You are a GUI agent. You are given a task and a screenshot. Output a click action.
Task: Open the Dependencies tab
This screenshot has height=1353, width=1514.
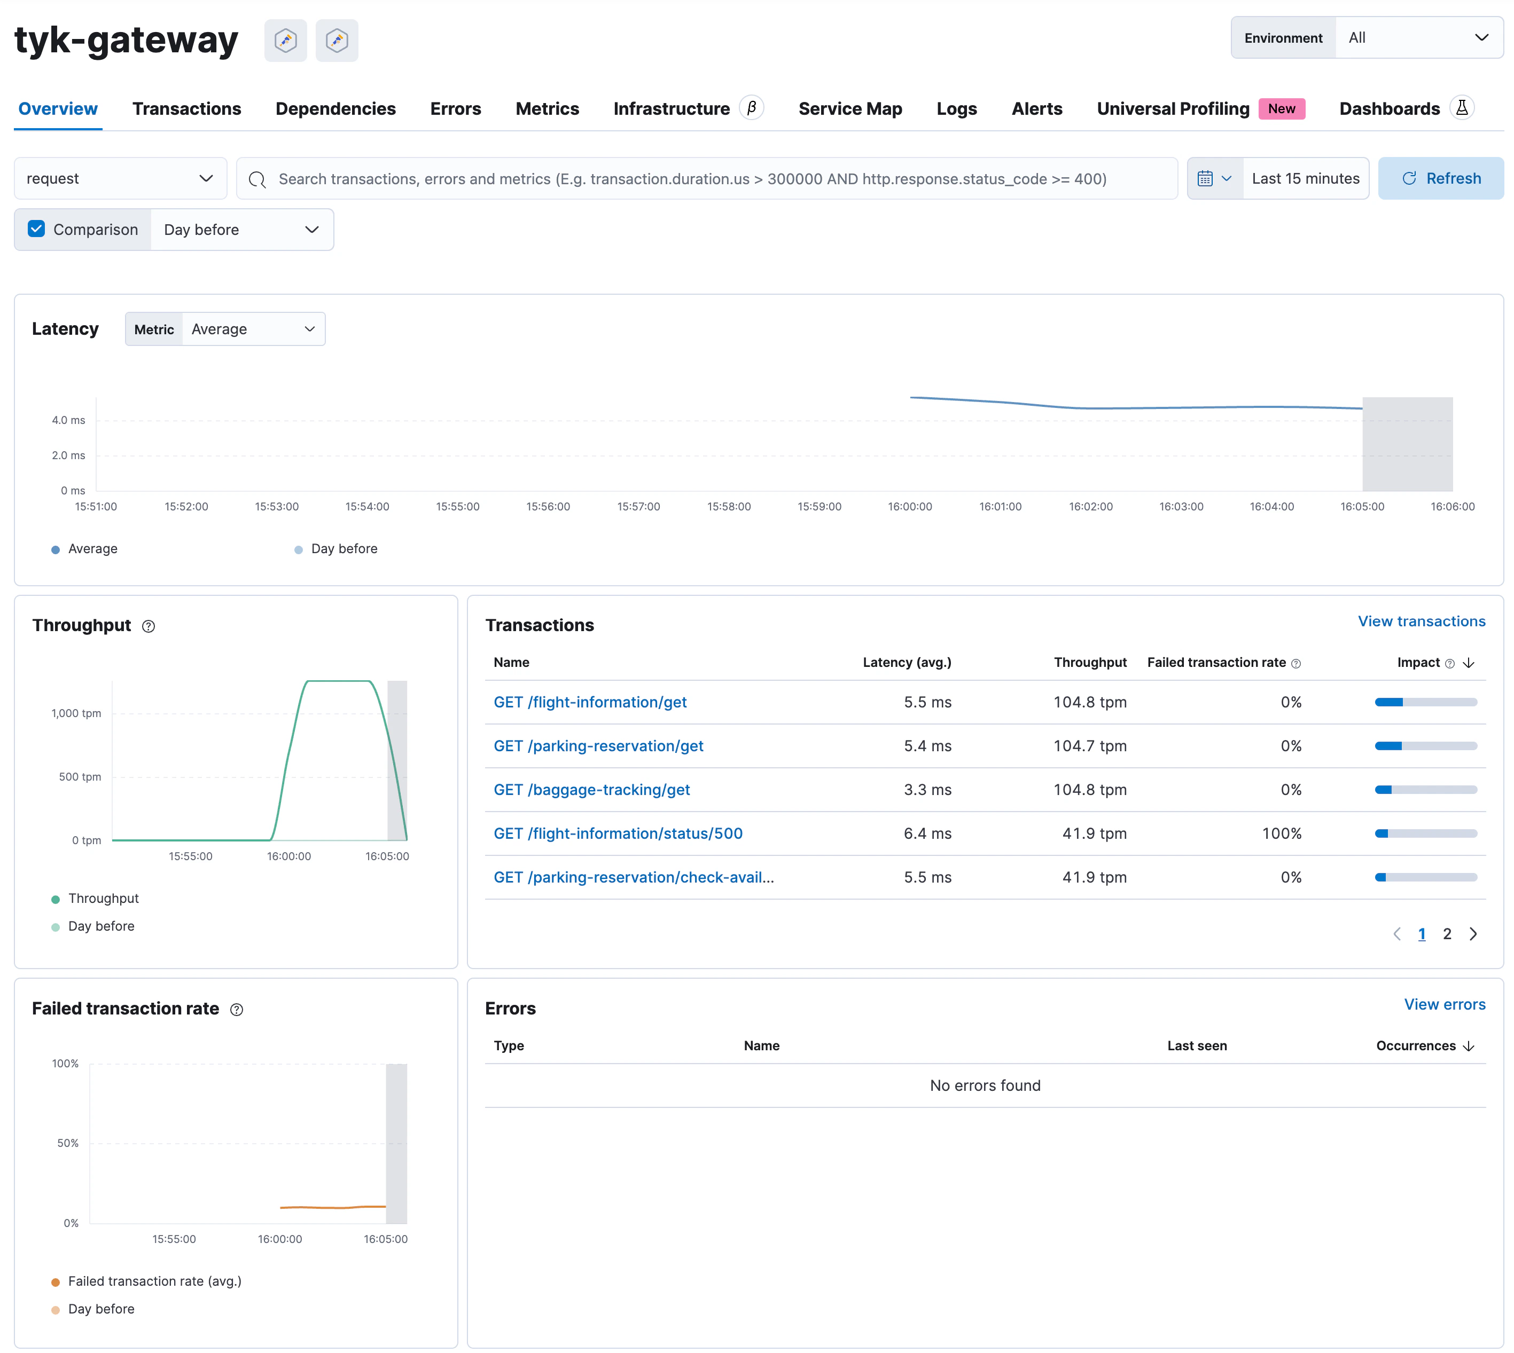(335, 108)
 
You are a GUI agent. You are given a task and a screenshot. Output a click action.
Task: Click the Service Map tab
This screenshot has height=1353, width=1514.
(849, 108)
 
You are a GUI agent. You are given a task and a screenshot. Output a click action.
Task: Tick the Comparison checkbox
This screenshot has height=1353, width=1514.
(36, 229)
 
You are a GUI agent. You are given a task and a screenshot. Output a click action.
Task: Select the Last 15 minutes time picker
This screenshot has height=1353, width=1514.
(1305, 178)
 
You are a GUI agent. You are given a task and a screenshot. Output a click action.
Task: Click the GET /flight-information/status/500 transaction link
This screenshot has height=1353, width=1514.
(618, 833)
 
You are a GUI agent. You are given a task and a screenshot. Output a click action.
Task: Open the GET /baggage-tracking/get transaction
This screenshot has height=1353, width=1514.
(591, 790)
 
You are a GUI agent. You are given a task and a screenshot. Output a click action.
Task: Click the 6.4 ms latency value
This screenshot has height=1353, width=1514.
(927, 833)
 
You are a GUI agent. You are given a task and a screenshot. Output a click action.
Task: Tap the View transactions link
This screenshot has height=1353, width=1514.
(1421, 622)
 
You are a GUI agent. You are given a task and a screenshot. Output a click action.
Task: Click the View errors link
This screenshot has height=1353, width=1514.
(1444, 1004)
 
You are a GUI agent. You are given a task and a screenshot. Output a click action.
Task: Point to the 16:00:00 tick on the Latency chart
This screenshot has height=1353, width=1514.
(909, 506)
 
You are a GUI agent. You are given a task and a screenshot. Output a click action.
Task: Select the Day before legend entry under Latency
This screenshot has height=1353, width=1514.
(344, 549)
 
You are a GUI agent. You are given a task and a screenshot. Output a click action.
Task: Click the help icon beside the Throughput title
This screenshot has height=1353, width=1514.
(149, 627)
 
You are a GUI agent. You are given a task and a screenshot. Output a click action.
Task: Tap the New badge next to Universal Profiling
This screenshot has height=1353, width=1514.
(1281, 108)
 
